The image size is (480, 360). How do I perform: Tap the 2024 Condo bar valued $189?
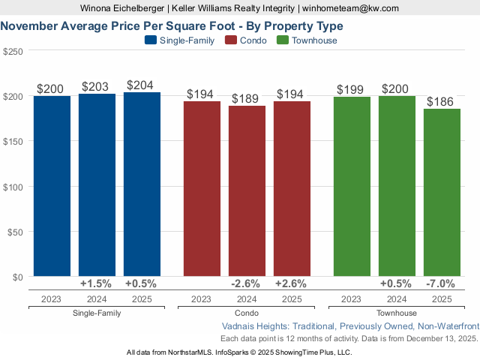(247, 191)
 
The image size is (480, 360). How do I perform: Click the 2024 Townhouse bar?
(397, 187)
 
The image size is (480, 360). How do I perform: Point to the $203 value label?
(97, 87)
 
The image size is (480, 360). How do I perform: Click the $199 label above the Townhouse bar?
(350, 90)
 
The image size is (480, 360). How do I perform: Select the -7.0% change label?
(442, 283)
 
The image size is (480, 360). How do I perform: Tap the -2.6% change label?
(247, 283)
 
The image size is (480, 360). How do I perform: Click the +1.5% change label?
(97, 283)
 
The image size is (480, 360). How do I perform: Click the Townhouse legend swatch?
(283, 40)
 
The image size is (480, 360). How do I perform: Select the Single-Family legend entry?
(179, 40)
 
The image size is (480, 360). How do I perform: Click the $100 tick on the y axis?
(13, 187)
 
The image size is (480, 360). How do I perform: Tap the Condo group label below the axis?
(247, 313)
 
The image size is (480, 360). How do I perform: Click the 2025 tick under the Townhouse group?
(442, 298)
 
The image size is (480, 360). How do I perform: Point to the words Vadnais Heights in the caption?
(257, 327)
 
